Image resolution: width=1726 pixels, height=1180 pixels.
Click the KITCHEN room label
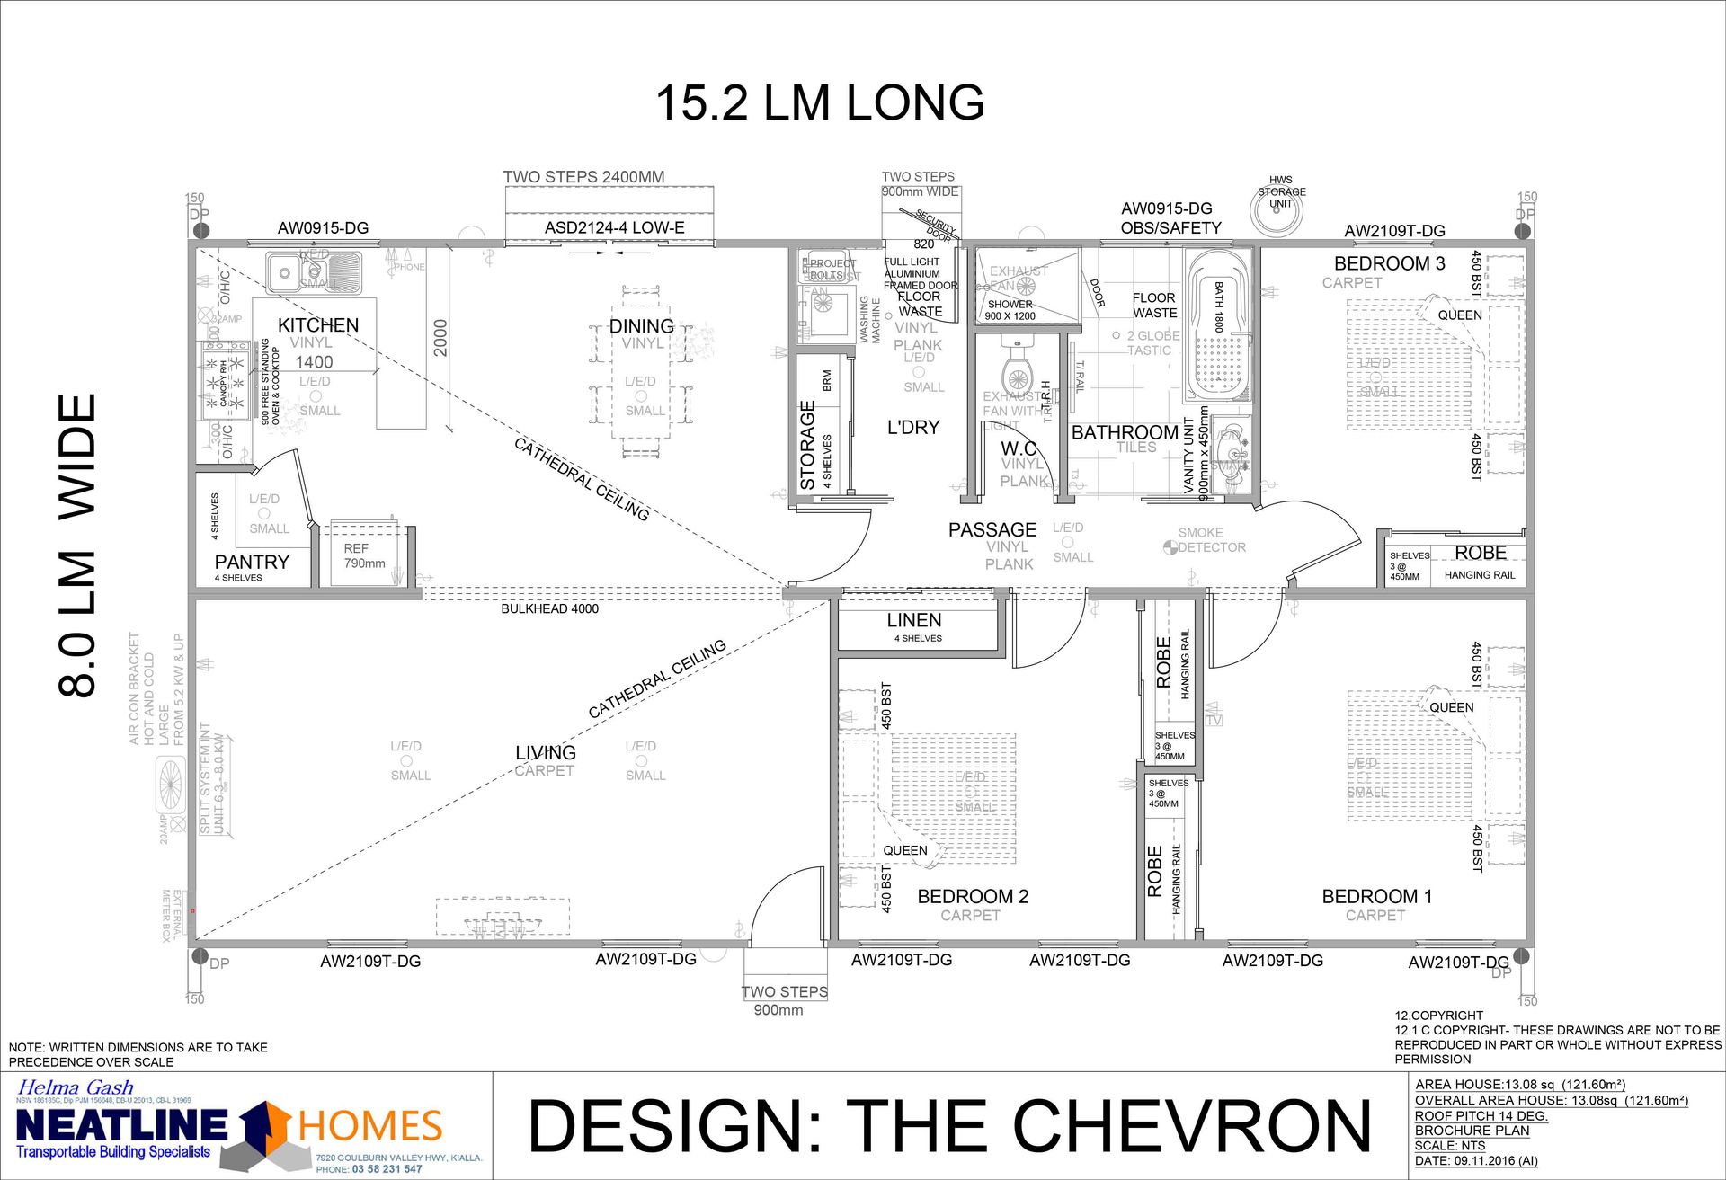coord(317,325)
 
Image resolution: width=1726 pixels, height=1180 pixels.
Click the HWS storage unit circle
coord(1277,209)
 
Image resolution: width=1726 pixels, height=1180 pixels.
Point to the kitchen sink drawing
coord(314,271)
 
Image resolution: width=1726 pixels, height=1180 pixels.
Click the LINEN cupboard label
coord(914,620)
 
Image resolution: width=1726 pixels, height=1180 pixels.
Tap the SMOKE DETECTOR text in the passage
coord(1206,540)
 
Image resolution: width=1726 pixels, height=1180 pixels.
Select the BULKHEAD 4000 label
coord(549,608)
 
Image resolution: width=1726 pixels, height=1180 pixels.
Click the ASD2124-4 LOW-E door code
coord(614,228)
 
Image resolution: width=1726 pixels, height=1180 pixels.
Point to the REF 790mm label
coord(363,555)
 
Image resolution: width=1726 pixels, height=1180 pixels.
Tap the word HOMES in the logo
coord(369,1126)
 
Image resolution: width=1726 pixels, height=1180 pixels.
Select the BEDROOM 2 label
coord(972,896)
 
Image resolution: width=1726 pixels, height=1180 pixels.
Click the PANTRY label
coord(252,562)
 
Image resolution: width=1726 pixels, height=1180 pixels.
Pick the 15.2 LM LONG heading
coord(819,102)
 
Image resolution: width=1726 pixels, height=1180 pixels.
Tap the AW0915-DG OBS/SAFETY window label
coord(1170,218)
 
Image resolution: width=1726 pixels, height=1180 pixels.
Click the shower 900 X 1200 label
coord(1010,310)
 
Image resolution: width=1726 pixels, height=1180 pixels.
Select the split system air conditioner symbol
coord(170,783)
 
